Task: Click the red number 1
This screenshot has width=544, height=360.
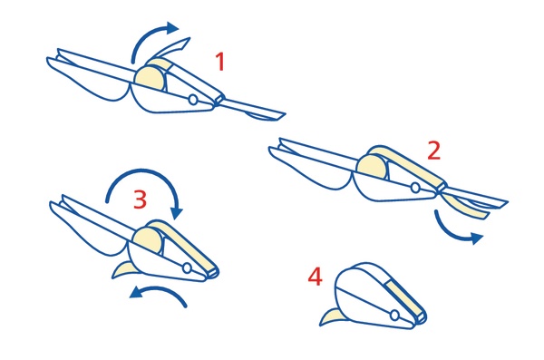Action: (x=220, y=62)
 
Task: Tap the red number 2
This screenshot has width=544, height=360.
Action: (x=434, y=151)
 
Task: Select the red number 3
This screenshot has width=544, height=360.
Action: (x=140, y=199)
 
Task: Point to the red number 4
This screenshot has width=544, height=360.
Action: (x=315, y=277)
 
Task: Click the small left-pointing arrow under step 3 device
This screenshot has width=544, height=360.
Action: (x=160, y=289)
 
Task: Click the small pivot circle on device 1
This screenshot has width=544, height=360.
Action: (x=193, y=100)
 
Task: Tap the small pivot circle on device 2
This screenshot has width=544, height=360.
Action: (x=415, y=188)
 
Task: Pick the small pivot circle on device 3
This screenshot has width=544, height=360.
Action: (x=187, y=268)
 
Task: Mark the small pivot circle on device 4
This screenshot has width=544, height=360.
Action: (x=394, y=316)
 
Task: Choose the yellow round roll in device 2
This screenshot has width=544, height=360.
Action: (x=372, y=168)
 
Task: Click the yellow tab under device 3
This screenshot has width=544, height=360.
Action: (x=124, y=269)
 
